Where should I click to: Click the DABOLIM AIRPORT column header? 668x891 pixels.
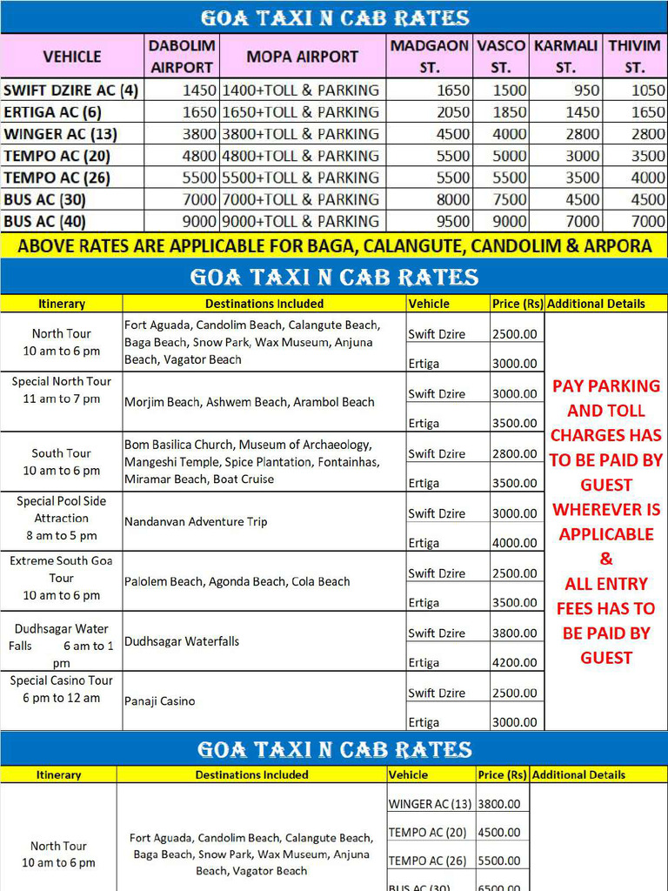coord(181,57)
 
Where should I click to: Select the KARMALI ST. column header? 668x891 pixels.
coord(565,57)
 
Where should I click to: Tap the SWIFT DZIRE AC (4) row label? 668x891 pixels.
coord(70,90)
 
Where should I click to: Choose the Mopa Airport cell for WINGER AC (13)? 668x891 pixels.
coord(301,134)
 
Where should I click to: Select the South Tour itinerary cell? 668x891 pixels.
coord(61,462)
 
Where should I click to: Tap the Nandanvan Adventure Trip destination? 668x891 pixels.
coord(196,522)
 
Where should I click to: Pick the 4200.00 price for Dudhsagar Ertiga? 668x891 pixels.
coord(515,662)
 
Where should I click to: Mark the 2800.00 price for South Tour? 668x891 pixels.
coord(515,453)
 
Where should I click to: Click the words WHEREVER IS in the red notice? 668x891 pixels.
coord(606,509)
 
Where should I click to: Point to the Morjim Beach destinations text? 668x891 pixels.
coord(249,402)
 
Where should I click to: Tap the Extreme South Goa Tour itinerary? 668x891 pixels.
coord(61,578)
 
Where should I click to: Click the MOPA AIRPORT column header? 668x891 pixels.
coord(302,57)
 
